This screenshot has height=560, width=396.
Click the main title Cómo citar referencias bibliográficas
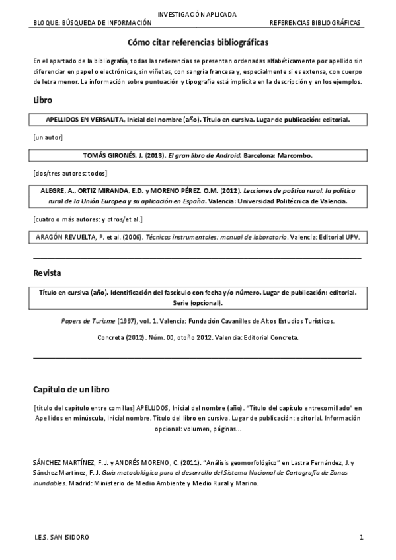coord(198,42)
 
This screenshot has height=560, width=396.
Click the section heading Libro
coord(43,100)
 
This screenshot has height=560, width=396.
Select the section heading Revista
coord(48,272)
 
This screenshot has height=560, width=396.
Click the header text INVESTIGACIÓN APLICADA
coord(198,14)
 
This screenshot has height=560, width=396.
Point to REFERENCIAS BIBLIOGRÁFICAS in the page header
coord(315,22)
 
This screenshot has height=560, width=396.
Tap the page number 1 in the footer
coord(361,537)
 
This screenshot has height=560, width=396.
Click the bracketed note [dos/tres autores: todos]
coord(70,173)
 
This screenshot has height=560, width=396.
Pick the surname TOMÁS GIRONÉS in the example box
coord(110,156)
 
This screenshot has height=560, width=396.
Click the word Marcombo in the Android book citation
coord(294,156)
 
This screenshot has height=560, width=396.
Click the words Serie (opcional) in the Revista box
coord(198,303)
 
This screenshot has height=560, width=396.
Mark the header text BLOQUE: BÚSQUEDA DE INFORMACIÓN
coord(93,22)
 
